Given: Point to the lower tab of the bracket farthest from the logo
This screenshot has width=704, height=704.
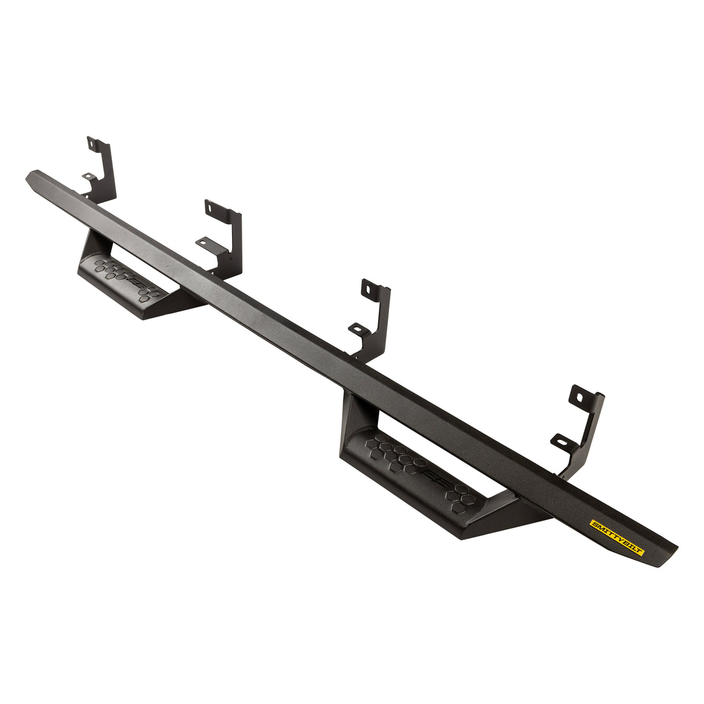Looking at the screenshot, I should point(88,176).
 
